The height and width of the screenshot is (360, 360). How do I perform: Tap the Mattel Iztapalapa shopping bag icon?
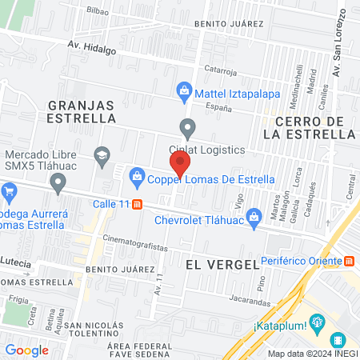(x=185, y=90)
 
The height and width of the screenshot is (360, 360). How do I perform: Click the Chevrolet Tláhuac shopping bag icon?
(x=254, y=214)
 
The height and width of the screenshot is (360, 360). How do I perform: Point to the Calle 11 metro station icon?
(x=138, y=204)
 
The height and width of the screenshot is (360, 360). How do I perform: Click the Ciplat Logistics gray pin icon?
(x=188, y=127)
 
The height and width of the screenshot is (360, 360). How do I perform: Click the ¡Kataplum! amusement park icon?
(x=318, y=323)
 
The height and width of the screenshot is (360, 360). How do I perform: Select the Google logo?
(x=26, y=350)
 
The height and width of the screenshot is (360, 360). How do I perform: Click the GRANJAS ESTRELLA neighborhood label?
(x=82, y=111)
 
